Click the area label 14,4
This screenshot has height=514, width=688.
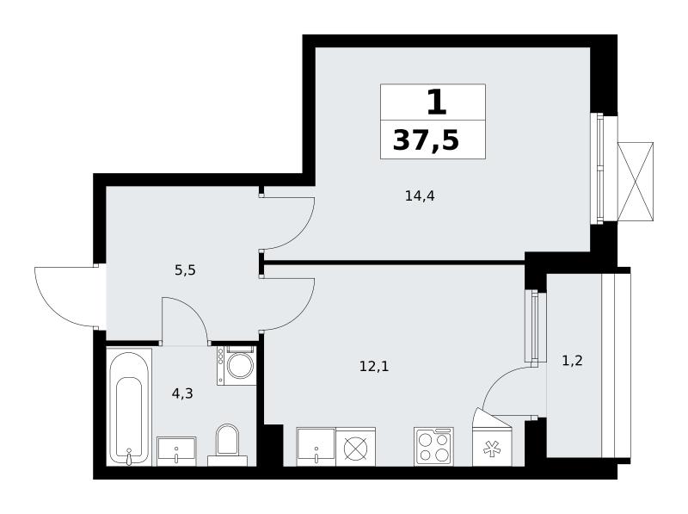[420, 196]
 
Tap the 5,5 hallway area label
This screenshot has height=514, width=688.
[185, 270]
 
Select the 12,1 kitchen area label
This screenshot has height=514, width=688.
[374, 366]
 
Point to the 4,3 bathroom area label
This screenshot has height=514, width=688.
[182, 393]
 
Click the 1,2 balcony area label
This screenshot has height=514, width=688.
[572, 361]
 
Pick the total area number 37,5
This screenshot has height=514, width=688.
[426, 141]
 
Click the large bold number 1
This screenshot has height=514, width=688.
[437, 102]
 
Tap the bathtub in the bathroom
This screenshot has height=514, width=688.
[130, 406]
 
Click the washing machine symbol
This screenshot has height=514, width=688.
[236, 366]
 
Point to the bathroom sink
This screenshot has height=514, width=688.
[176, 451]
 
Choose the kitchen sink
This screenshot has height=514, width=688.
[316, 446]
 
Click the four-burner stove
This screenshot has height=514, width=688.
[433, 447]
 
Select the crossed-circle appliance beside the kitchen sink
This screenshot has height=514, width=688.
[355, 447]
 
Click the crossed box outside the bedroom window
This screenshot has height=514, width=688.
[635, 181]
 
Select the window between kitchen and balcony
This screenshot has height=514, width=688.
[534, 325]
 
